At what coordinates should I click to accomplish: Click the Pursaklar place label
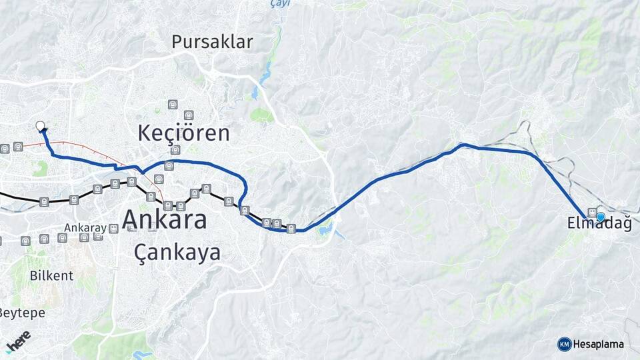point(212,42)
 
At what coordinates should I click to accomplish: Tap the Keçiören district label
point(184,133)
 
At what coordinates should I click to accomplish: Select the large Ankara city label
point(165,219)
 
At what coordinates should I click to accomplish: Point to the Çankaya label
point(177,253)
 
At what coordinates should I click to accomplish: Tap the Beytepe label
point(21,312)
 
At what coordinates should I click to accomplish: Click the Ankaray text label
point(85,228)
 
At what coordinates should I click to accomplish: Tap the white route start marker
point(40,125)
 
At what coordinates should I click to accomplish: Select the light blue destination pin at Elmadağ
point(601,217)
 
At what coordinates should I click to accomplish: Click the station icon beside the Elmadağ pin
point(591,213)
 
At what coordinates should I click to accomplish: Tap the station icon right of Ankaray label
point(113,229)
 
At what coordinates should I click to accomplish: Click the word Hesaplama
point(599,344)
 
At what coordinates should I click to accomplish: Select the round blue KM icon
point(564,344)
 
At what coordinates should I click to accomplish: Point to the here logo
point(18,339)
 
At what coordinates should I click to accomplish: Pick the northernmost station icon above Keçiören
point(173,105)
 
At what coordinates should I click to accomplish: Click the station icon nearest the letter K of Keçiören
point(175,149)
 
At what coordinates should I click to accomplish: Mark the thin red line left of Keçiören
point(80,143)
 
